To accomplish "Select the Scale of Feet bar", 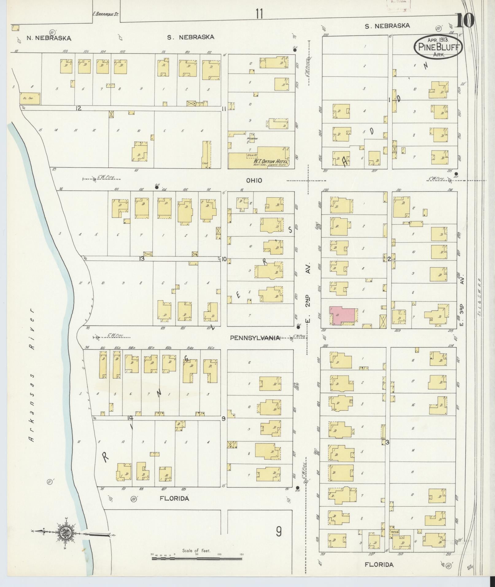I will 197,558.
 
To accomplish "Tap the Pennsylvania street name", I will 255,338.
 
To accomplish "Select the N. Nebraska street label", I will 49,38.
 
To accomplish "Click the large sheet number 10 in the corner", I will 465,21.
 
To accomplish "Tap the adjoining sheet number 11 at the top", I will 259,14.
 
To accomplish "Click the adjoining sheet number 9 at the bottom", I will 278,531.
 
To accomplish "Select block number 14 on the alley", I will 130,418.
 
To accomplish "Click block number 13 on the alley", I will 141,259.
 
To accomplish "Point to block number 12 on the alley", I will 79,108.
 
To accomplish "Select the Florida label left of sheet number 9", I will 174,499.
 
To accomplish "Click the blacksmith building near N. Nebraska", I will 30,98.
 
